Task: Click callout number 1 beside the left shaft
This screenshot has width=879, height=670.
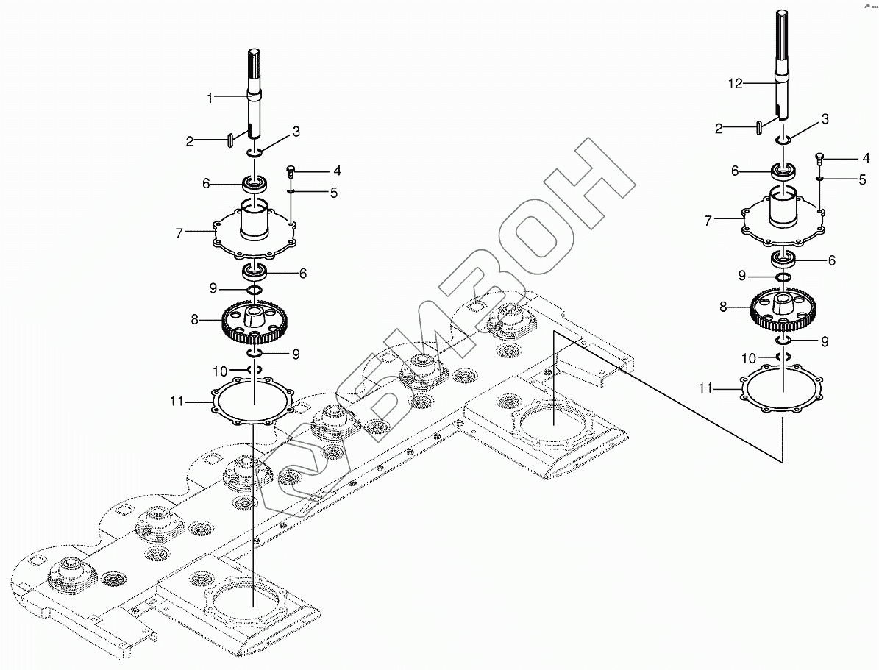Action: pyautogui.click(x=210, y=97)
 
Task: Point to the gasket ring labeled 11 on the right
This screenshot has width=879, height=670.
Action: pyautogui.click(x=783, y=389)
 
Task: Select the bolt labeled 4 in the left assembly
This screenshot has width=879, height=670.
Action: pyautogui.click(x=290, y=171)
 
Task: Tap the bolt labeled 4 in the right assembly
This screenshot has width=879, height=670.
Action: pyautogui.click(x=819, y=157)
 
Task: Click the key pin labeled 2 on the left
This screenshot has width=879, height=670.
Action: pyautogui.click(x=231, y=138)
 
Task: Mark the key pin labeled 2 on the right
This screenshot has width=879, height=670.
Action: pyautogui.click(x=758, y=128)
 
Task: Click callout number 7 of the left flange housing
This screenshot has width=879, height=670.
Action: pyautogui.click(x=178, y=234)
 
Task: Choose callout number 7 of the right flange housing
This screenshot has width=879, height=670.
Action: pyautogui.click(x=708, y=220)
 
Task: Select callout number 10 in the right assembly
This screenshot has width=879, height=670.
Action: pyautogui.click(x=748, y=358)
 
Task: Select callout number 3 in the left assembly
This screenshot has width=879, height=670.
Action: pyautogui.click(x=296, y=132)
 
